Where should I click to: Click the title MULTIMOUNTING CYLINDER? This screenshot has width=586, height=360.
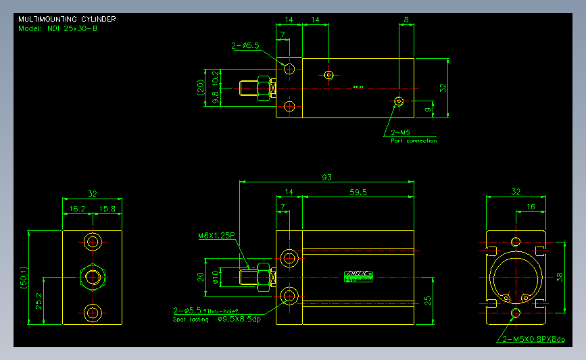coord(66,19)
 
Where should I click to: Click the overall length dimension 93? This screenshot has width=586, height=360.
coord(326,178)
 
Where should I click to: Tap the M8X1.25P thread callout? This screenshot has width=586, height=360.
coord(216,236)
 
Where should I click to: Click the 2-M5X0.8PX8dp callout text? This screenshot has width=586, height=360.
coord(533,339)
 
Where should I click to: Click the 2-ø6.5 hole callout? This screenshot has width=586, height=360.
coord(245,46)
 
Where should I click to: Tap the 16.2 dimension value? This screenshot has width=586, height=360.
coord(77,209)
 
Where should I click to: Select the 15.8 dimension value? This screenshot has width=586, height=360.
coord(107,209)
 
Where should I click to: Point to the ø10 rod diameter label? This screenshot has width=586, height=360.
coord(216,278)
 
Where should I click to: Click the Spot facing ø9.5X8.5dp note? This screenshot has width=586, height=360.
coord(216,319)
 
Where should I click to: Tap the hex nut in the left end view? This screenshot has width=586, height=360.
coord(93,276)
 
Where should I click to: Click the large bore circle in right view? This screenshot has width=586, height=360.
coord(516,276)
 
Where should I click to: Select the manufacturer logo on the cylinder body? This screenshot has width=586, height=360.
coord(358,274)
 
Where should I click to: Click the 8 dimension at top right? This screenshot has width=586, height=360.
coord(406,20)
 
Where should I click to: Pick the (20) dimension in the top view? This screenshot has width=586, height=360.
coord(201,88)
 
